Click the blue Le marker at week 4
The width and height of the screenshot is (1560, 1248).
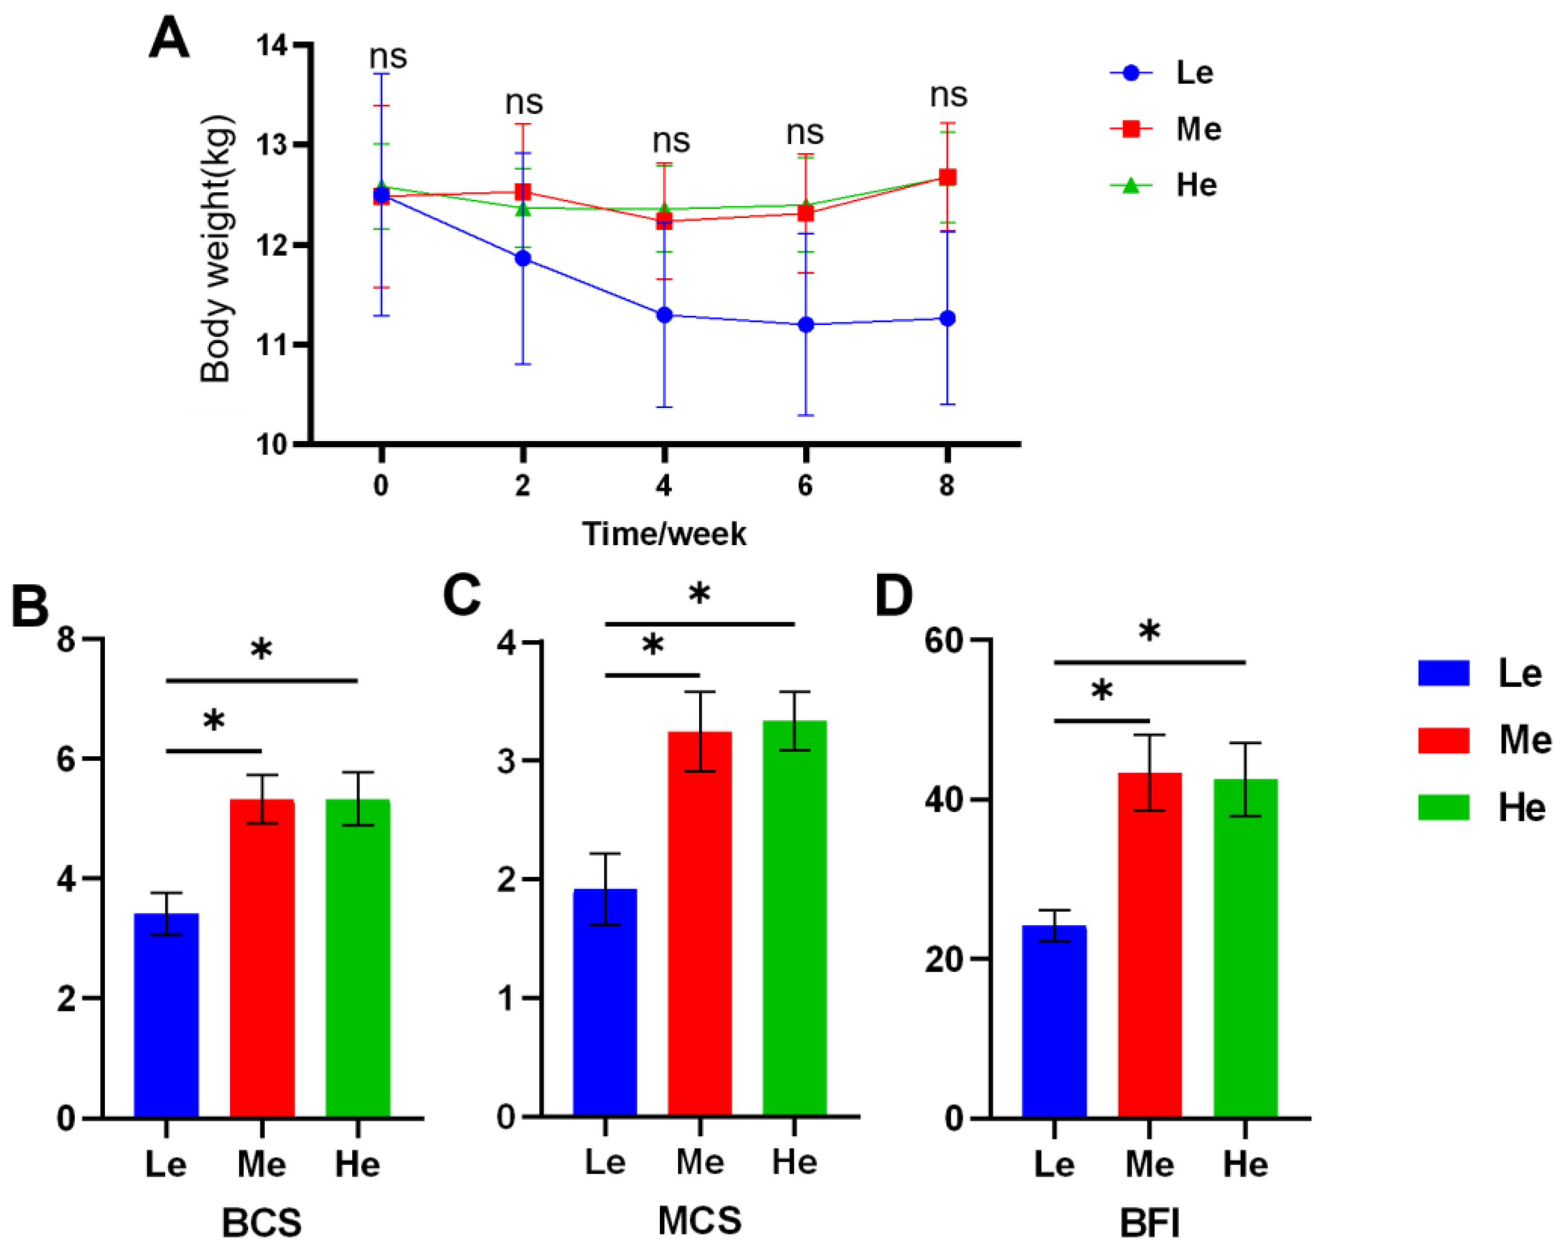tap(664, 315)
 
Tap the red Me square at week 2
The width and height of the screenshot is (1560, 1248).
tap(522, 192)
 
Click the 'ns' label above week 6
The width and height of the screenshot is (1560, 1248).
tap(805, 133)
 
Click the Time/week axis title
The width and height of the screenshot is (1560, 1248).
tap(663, 534)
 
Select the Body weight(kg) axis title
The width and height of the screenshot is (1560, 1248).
tap(215, 248)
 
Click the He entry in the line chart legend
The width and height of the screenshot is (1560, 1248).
tap(1195, 185)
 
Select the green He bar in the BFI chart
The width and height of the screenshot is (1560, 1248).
tap(1245, 948)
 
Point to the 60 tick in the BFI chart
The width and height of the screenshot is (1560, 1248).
tap(946, 641)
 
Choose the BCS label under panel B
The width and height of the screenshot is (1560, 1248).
tap(261, 1223)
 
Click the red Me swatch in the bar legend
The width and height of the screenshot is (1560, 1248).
tap(1443, 741)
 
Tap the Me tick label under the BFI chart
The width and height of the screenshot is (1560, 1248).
tap(1149, 1165)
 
